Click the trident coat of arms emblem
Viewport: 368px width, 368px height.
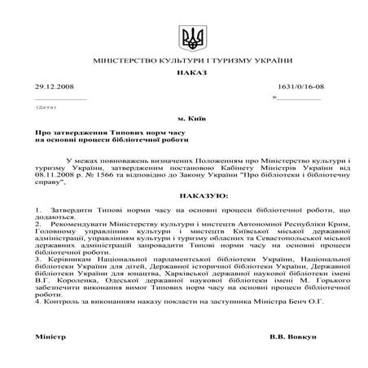click(x=184, y=37)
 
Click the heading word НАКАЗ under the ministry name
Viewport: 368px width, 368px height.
click(x=184, y=72)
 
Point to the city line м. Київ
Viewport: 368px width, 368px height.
click(x=184, y=119)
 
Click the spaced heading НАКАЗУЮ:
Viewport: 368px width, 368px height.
click(x=184, y=196)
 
